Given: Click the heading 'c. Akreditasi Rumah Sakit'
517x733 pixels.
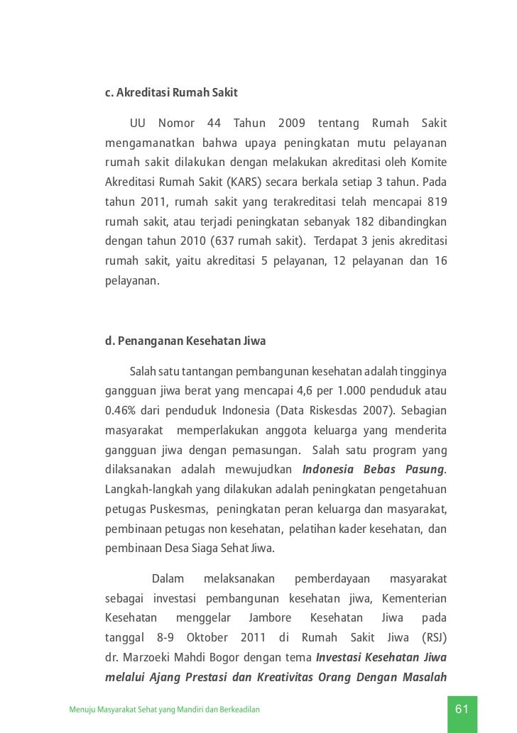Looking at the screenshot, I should pos(171,93).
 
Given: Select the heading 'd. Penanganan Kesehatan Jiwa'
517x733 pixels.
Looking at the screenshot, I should pos(185,341).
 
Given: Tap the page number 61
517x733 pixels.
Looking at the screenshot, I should pos(462,710).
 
